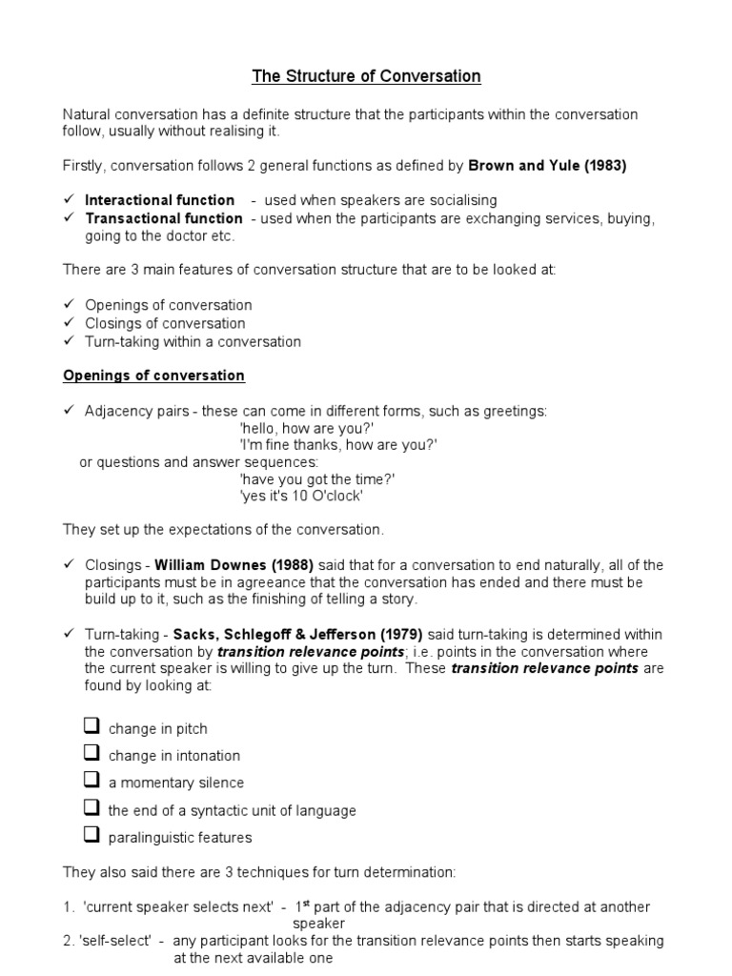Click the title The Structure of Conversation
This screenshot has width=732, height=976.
pos(366,75)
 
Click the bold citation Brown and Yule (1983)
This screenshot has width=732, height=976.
pos(547,165)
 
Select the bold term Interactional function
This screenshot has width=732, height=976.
pos(159,200)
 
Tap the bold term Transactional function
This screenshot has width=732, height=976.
pos(164,218)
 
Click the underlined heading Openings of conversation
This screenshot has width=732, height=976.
pos(153,376)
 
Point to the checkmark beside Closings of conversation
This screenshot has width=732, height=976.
pos(70,323)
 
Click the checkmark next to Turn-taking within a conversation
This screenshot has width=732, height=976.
pos(70,341)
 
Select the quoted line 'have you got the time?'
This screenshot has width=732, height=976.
pos(316,479)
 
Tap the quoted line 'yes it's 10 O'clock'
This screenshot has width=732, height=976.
pos(301,498)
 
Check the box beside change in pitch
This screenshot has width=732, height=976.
pos(91,726)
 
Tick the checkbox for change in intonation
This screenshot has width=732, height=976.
pos(91,753)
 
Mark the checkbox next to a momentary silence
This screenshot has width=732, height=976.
pos(91,781)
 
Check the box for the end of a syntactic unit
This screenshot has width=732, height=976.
pos(91,808)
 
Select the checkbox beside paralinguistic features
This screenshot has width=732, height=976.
pos(91,836)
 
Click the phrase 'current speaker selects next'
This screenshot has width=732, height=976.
pos(175,907)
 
